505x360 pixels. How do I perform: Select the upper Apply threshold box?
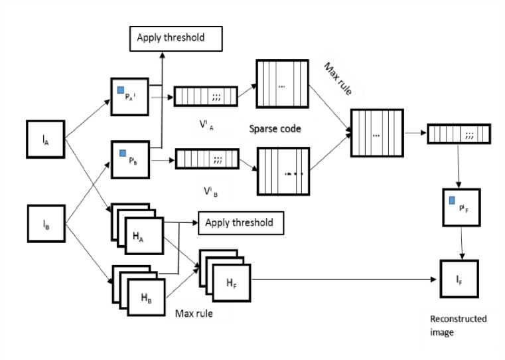point(175,38)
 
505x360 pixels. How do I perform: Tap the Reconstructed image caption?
point(458,325)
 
